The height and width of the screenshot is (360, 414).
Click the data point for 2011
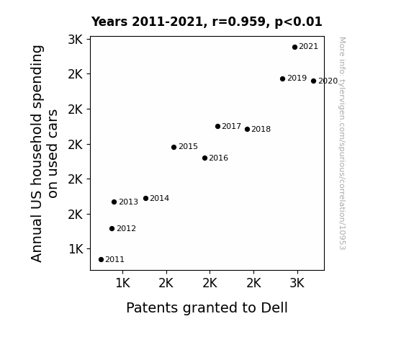(x=101, y=260)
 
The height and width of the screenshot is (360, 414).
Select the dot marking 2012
(x=112, y=228)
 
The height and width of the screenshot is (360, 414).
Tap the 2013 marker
(x=114, y=202)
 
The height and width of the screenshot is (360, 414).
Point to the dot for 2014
(x=145, y=198)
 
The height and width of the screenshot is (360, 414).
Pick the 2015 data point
(x=174, y=147)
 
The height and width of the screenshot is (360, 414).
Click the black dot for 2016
(x=204, y=158)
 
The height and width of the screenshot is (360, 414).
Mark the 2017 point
(x=217, y=126)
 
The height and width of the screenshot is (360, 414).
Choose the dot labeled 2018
(x=247, y=129)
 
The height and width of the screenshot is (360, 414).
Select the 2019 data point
(x=282, y=78)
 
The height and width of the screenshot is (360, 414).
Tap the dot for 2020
(x=313, y=81)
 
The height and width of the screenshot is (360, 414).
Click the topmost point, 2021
(x=294, y=47)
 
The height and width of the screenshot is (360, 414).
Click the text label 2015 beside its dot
(x=188, y=146)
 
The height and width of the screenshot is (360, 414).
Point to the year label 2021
(x=308, y=47)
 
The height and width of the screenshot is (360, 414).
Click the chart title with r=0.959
(x=207, y=22)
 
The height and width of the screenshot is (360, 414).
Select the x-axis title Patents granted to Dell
(x=207, y=308)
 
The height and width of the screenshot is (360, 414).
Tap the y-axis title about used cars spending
(x=44, y=153)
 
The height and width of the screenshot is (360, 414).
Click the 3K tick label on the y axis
(x=76, y=40)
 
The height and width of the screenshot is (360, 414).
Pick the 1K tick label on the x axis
(x=123, y=283)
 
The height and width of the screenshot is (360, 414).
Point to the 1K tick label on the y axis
(x=76, y=249)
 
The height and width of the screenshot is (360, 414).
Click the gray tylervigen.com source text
(x=342, y=143)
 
